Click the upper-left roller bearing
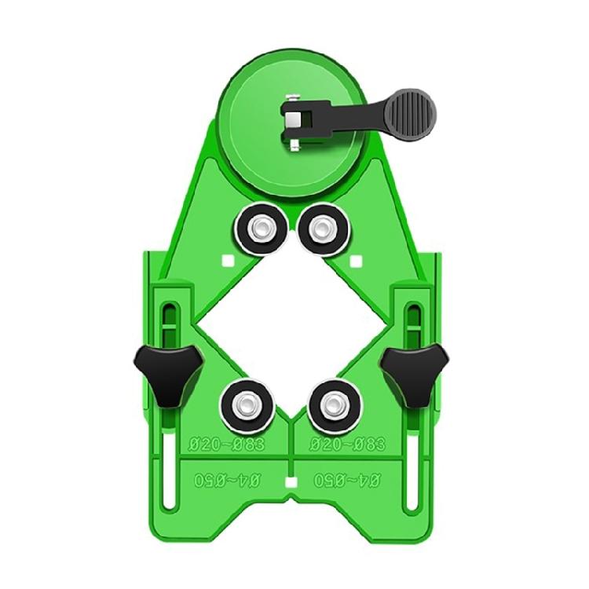coord(258,229)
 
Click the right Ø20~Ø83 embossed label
coord(347,444)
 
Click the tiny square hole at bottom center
coord(291,479)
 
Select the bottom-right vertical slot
coord(411,479)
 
